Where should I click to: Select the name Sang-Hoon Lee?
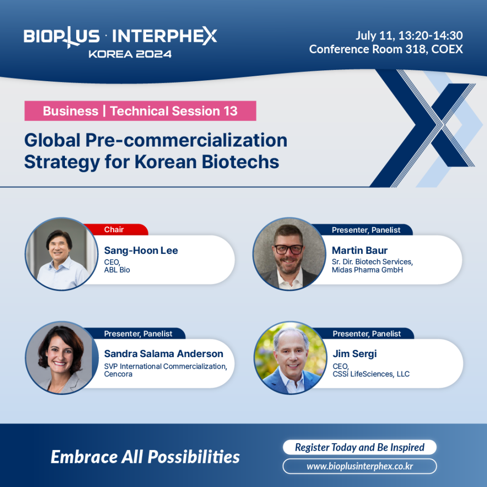point(141,250)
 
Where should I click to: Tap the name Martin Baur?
point(360,250)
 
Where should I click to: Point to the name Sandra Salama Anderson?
point(164,354)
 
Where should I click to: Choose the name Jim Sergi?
point(355,354)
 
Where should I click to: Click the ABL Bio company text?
point(117,270)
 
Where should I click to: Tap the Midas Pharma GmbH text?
point(367,270)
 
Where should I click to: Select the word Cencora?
point(119,374)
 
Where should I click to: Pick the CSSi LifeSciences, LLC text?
point(371,374)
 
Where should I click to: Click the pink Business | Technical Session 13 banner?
point(140,111)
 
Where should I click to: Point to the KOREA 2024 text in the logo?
point(130,54)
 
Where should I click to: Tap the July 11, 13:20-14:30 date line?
point(409,35)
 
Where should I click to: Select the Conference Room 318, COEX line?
point(386,49)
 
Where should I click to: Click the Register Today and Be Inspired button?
point(360,447)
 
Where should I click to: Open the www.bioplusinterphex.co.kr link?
point(360,466)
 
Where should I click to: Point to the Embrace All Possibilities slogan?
point(145,457)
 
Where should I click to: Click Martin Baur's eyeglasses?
point(289,249)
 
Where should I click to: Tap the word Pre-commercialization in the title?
point(186,140)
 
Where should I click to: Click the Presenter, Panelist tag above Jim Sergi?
point(367,334)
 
